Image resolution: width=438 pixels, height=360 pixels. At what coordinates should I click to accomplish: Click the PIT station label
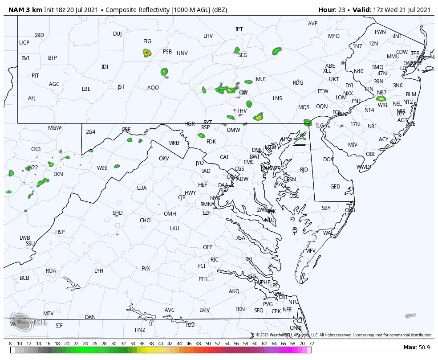pyautogui.click(x=35, y=76)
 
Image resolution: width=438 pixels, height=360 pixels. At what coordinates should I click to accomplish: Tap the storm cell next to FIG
pyautogui.click(x=147, y=53)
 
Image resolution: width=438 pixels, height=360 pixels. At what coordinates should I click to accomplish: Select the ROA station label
pyautogui.click(x=51, y=271)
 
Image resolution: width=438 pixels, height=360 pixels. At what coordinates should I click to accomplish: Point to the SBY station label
pyautogui.click(x=326, y=208)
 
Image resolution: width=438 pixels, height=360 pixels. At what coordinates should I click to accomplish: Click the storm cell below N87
pyautogui.click(x=381, y=98)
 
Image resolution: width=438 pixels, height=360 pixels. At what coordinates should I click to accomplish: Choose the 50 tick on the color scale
pyautogui.click(x=208, y=344)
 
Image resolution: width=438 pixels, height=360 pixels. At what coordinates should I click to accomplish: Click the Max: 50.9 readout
pyautogui.click(x=416, y=347)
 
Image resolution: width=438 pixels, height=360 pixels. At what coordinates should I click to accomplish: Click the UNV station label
pyautogui.click(x=182, y=53)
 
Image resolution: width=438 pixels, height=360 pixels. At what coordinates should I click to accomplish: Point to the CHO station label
pyautogui.click(x=145, y=221)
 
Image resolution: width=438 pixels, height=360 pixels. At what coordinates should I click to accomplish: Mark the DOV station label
pyautogui.click(x=328, y=160)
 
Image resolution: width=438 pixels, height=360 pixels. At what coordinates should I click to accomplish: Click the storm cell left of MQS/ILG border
pyautogui.click(x=307, y=122)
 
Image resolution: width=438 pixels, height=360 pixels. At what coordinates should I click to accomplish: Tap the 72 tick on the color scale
pyautogui.click(x=312, y=344)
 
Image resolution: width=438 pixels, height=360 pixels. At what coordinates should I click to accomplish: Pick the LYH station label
pyautogui.click(x=99, y=271)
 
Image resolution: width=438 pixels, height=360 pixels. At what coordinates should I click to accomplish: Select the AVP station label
pyautogui.click(x=313, y=24)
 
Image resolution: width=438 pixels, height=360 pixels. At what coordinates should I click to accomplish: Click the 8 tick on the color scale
pyautogui.click(x=10, y=344)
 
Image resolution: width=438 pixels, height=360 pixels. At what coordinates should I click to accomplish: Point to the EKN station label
pyautogui.click(x=58, y=174)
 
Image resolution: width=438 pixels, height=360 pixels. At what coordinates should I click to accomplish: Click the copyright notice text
pyautogui.click(x=344, y=335)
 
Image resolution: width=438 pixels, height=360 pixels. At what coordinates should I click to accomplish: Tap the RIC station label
pyautogui.click(x=215, y=260)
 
